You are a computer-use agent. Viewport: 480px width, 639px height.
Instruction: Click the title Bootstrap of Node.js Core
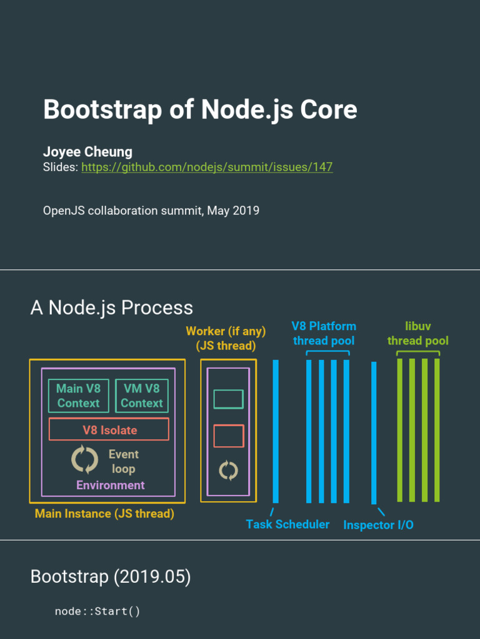click(200, 110)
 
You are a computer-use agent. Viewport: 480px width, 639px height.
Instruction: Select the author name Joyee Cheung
click(87, 152)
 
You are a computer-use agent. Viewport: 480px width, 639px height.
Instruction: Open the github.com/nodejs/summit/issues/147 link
click(207, 167)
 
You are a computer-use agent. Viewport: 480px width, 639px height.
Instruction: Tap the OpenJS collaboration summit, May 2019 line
click(151, 210)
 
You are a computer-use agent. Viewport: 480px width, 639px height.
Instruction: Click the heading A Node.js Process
click(111, 308)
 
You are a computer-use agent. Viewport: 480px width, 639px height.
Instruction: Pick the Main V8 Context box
click(79, 396)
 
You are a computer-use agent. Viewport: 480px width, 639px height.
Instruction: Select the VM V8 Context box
click(142, 396)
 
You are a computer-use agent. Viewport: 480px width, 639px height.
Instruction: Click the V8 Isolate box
click(109, 430)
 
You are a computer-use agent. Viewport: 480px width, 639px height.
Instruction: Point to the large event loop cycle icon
click(84, 460)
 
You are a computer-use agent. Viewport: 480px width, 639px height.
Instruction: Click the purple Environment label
click(111, 485)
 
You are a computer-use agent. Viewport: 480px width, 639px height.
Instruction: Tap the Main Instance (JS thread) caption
click(104, 514)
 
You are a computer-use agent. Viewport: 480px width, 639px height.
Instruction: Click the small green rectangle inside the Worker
click(228, 399)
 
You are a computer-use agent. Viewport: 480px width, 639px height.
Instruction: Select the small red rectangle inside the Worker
click(228, 436)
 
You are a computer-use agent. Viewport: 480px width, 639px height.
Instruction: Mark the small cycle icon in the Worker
click(228, 470)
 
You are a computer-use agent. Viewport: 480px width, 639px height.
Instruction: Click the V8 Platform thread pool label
click(324, 333)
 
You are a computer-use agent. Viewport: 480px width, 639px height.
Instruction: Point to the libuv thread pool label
click(418, 333)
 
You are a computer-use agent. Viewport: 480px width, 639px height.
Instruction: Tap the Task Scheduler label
click(287, 524)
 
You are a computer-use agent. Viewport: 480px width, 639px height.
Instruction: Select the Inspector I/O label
click(378, 525)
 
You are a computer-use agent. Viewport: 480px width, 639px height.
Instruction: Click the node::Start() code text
click(97, 611)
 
